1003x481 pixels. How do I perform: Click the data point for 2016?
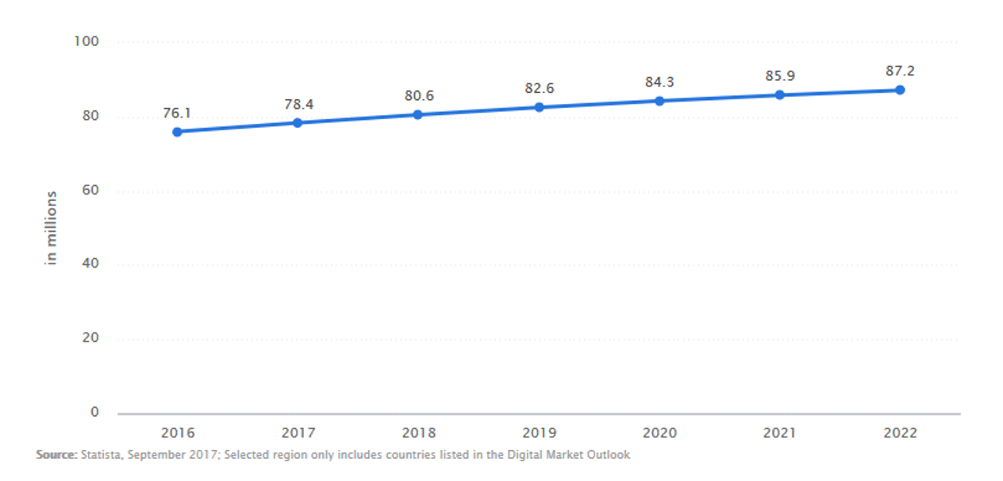click(x=177, y=132)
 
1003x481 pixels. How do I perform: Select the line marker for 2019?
click(x=539, y=107)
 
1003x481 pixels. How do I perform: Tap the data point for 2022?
click(x=900, y=90)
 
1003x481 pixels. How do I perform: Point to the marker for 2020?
click(x=659, y=101)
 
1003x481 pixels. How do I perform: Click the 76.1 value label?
click(x=177, y=114)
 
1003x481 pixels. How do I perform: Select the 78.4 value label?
click(x=298, y=104)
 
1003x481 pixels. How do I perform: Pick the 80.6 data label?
click(x=418, y=96)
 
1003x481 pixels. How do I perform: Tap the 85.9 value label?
click(x=780, y=76)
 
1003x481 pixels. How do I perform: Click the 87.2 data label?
click(x=900, y=71)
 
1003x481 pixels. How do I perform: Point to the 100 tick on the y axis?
click(x=87, y=41)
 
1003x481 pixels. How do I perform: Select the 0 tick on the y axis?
click(x=95, y=412)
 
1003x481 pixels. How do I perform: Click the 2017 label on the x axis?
click(x=298, y=433)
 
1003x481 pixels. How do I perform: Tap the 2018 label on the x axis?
click(x=418, y=433)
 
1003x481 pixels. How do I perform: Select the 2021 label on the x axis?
click(x=780, y=433)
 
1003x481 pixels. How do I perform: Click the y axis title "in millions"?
click(x=52, y=228)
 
